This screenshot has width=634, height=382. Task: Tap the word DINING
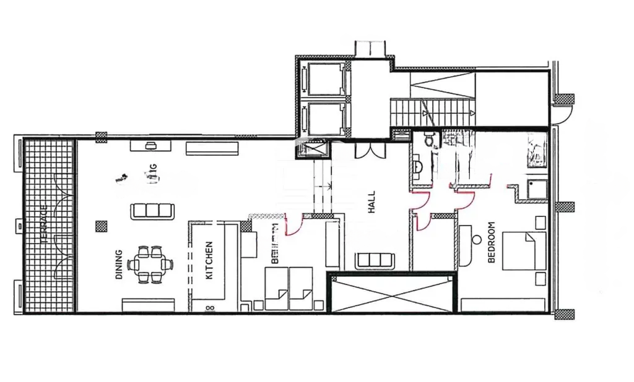click(x=119, y=265)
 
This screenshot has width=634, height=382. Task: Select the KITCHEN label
click(x=209, y=260)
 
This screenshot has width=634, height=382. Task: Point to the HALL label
click(x=372, y=202)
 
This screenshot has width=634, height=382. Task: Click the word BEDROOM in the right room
click(x=492, y=242)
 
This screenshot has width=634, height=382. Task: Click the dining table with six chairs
click(x=149, y=265)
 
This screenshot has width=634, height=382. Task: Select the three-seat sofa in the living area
click(x=150, y=211)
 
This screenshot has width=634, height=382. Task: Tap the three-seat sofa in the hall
click(x=375, y=261)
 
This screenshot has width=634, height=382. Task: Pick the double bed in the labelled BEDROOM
click(x=524, y=250)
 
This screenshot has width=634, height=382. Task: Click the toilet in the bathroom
click(x=427, y=142)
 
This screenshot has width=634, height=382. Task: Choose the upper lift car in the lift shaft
click(x=324, y=78)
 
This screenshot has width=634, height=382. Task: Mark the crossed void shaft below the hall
click(x=391, y=294)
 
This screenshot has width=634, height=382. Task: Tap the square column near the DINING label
click(x=100, y=226)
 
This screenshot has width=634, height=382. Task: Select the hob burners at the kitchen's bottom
click(x=209, y=306)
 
